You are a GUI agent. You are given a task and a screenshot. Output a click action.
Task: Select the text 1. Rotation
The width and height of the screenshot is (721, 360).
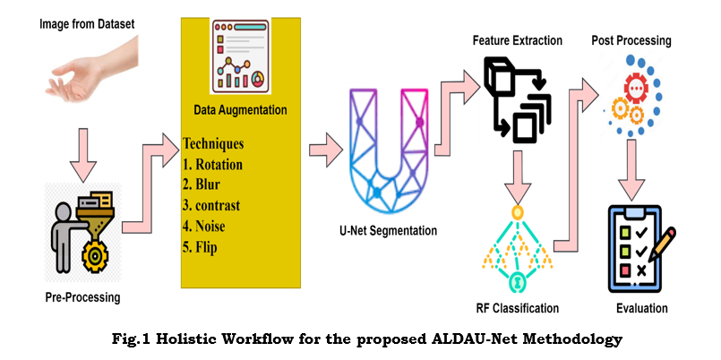(x=212, y=164)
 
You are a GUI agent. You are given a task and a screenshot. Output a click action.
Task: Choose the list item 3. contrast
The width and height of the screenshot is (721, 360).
(x=215, y=205)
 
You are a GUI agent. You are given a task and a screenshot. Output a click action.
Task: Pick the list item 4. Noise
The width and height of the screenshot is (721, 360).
(x=206, y=226)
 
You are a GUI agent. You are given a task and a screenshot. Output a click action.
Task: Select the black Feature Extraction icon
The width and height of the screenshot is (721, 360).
(x=516, y=99)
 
